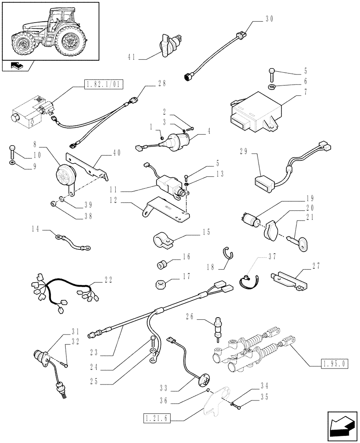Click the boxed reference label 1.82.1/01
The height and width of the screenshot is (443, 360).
103,84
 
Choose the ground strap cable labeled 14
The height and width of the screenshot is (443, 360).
73,241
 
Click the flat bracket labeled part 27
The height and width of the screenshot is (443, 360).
287,281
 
